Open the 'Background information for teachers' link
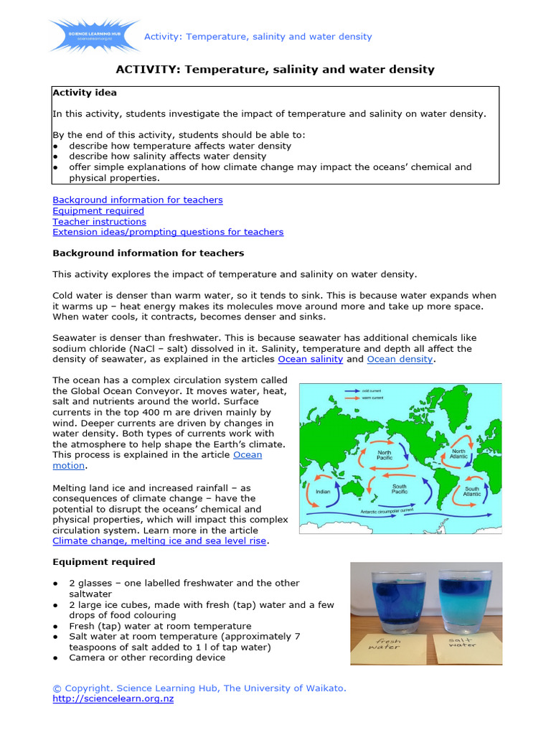tap(137, 200)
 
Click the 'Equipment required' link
tap(98, 210)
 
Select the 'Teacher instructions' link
tap(99, 221)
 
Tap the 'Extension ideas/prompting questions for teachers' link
tap(168, 232)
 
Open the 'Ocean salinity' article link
tap(310, 359)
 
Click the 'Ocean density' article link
tap(400, 359)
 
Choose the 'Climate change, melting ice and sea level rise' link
tap(159, 540)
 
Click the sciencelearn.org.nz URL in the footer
tap(113, 698)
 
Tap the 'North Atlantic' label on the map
tap(458, 454)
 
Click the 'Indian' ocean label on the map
tap(323, 492)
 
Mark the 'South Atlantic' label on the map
tap(472, 492)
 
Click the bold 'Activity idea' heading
tap(85, 93)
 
